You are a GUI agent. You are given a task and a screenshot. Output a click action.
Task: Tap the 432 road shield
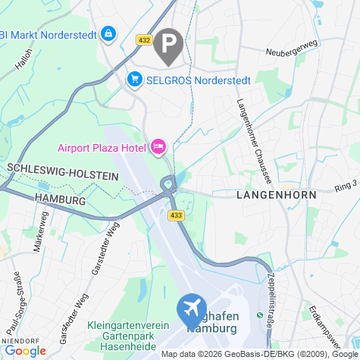[x=145, y=39]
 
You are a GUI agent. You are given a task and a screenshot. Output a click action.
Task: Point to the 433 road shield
[x=176, y=216]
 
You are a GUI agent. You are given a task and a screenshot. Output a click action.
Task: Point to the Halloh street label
[x=23, y=59]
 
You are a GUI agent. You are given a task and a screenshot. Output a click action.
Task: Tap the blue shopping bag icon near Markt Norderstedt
[x=109, y=33]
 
